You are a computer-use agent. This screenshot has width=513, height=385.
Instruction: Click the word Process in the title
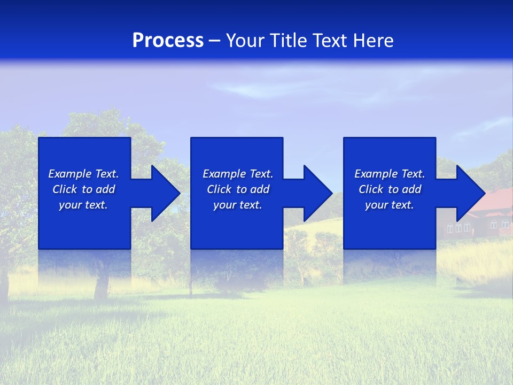[168, 41]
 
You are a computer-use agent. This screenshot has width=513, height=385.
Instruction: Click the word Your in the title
[245, 41]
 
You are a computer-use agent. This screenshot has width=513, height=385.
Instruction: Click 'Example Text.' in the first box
[83, 174]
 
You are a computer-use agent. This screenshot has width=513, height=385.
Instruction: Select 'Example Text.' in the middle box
[238, 174]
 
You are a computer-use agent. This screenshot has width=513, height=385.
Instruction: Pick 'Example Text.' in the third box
[390, 174]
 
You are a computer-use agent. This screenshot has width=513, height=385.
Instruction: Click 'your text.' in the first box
[83, 205]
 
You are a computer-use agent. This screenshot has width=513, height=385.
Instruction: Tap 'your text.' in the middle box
[238, 205]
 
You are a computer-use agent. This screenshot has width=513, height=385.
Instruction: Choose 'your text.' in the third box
[390, 205]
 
